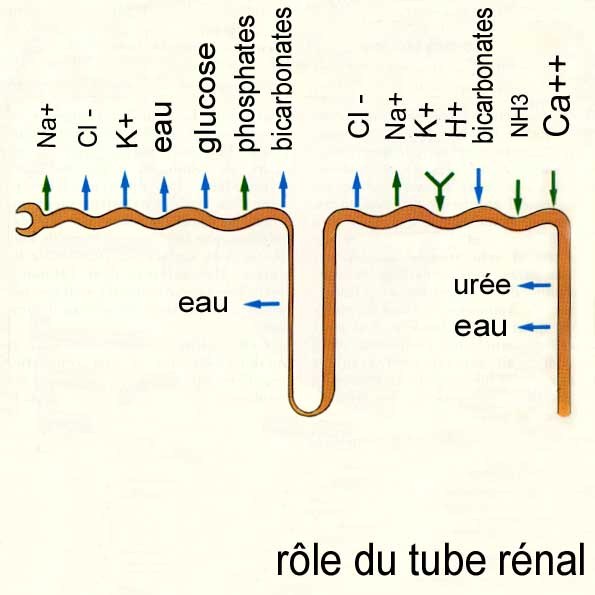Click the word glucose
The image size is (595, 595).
pos(208,98)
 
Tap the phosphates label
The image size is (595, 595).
pos(247,83)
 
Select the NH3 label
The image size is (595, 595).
pos(519,115)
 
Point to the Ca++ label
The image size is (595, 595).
pos(556,96)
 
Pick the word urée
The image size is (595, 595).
pos(482,285)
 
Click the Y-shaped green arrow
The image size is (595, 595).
pos(439,190)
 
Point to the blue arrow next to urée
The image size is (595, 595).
pos(535,285)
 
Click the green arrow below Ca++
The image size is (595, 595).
pos(553,189)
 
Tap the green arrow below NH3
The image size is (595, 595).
pos(517,197)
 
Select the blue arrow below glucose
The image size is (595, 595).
pos(205,191)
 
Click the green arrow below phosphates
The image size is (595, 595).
pos(245,193)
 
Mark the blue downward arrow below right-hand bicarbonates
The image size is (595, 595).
pos(479,186)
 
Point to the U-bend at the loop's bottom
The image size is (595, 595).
pos(307,408)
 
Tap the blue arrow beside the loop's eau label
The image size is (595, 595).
pos(262,304)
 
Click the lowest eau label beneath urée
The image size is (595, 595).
pos(480,327)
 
